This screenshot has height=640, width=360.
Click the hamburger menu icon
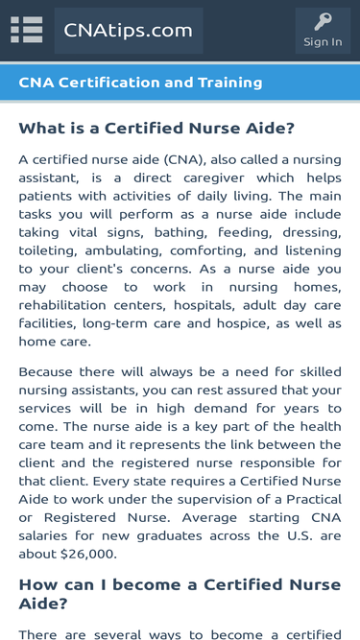[x=27, y=31]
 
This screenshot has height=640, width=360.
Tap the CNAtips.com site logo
[x=129, y=31]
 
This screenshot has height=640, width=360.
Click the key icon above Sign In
[x=323, y=22]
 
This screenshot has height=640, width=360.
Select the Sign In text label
[x=323, y=42]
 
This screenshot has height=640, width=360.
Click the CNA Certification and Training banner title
[x=140, y=83]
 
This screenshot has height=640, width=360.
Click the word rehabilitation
[x=60, y=305]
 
